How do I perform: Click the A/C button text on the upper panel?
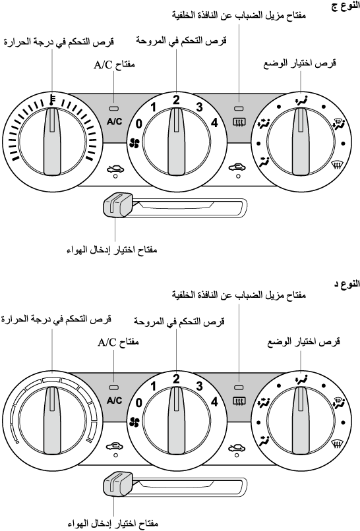click(x=114, y=122)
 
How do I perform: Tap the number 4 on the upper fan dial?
click(x=214, y=123)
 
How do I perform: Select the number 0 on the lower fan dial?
click(x=138, y=403)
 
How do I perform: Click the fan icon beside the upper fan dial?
click(x=135, y=144)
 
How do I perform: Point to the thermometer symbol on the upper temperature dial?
click(x=51, y=100)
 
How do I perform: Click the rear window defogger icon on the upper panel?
click(x=239, y=121)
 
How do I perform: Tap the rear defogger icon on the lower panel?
click(x=239, y=401)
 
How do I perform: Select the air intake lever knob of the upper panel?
click(x=117, y=204)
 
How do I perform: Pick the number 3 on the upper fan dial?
click(x=199, y=107)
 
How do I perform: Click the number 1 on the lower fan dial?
click(x=153, y=387)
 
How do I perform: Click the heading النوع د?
click(x=347, y=284)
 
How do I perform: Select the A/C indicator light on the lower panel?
click(x=114, y=387)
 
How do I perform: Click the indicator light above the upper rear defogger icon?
click(x=239, y=108)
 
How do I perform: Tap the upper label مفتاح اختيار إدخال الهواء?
click(x=112, y=250)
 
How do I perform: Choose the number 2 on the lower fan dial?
click(x=176, y=379)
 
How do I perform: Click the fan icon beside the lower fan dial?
click(x=135, y=422)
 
